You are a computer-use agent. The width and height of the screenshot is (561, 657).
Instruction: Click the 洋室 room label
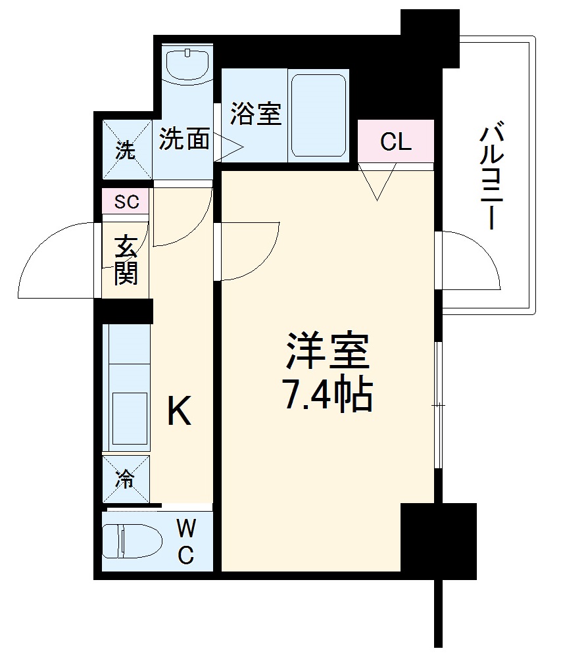pos(327,353)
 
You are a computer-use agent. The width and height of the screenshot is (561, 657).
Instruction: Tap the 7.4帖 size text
pos(327,393)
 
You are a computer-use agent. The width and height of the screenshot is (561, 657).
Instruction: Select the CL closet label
pos(396,141)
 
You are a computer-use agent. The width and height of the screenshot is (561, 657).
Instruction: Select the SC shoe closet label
pos(126,202)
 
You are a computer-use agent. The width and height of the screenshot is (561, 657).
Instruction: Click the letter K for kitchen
pos(178,412)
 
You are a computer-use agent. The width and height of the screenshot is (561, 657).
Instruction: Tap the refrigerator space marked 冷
pos(126,479)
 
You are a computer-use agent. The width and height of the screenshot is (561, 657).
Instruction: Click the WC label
pos(186,541)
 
